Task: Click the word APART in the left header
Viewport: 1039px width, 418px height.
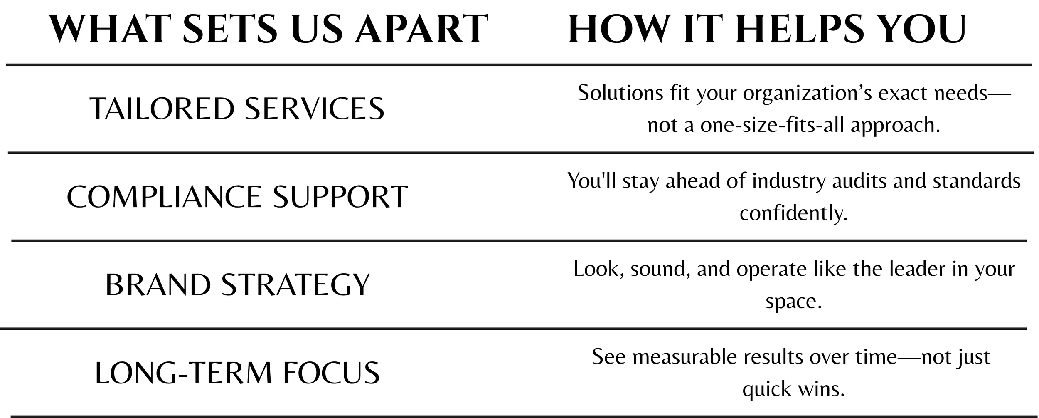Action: pos(421,28)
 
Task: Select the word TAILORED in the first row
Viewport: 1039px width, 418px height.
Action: pos(162,109)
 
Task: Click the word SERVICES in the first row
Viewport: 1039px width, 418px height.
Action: pos(315,109)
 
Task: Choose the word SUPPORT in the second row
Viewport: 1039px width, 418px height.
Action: pos(340,197)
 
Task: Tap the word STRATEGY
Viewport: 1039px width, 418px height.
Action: pos(295,285)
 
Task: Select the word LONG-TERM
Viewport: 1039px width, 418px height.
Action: pos(183,373)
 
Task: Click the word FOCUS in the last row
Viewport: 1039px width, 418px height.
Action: pos(331,373)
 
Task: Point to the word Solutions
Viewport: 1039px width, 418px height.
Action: pos(620,93)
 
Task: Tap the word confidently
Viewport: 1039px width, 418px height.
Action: pos(793,213)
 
